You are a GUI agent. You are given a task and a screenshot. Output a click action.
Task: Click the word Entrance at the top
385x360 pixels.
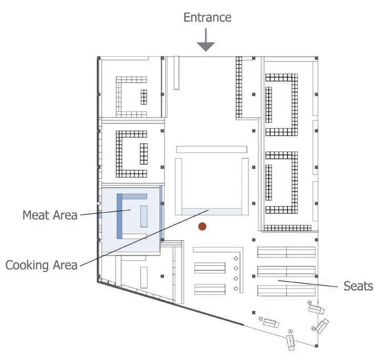pos(207,17)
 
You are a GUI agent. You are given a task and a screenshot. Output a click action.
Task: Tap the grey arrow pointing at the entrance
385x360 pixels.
pos(207,42)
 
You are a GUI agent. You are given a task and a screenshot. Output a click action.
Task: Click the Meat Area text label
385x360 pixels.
pos(50,214)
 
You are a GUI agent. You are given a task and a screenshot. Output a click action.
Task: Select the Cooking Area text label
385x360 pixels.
pos(41,264)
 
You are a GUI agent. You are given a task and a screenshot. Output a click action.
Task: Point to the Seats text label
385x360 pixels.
pos(358,286)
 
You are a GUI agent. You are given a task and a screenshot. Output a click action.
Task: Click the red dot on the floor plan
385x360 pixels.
pos(202,227)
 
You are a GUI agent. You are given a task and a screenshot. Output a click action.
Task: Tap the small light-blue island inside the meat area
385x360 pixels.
pos(143,216)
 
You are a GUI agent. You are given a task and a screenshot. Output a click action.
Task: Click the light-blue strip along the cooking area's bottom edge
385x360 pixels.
pos(212,211)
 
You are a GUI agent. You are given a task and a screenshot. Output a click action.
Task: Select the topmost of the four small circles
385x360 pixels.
pos(236,259)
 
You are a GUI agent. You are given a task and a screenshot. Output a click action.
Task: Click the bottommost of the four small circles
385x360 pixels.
pos(236,289)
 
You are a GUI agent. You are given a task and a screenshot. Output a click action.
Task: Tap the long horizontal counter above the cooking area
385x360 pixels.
pos(211,150)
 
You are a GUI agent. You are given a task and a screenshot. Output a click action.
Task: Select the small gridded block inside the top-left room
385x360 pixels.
pos(143,97)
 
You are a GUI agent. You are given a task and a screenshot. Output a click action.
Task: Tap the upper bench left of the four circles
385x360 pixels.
pos(210,268)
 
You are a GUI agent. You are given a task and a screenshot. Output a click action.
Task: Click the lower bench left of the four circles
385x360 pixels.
pos(210,289)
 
